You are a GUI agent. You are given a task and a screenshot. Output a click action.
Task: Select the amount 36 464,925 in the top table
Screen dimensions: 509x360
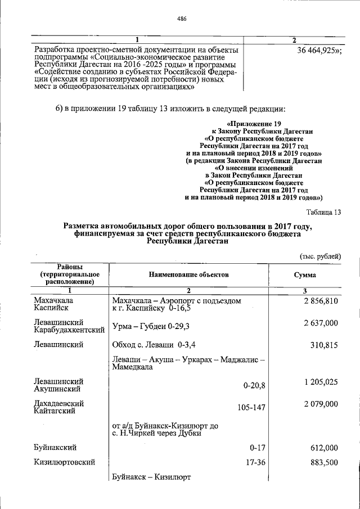(x=318, y=50)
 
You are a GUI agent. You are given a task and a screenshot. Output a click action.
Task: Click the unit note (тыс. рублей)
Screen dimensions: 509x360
(x=320, y=256)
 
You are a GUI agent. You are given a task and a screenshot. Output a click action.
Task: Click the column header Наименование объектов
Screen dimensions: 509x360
(x=189, y=275)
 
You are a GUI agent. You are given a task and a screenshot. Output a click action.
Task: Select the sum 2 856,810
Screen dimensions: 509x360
(x=320, y=301)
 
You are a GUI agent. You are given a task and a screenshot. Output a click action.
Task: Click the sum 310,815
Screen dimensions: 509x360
(x=324, y=343)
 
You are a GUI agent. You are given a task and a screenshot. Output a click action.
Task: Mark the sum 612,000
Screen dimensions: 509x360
(x=324, y=448)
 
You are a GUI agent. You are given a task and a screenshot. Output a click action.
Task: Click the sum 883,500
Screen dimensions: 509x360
(x=324, y=462)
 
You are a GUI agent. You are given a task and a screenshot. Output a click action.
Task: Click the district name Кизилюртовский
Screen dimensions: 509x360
(x=64, y=462)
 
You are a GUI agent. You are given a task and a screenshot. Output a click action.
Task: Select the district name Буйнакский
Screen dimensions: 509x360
(x=55, y=448)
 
